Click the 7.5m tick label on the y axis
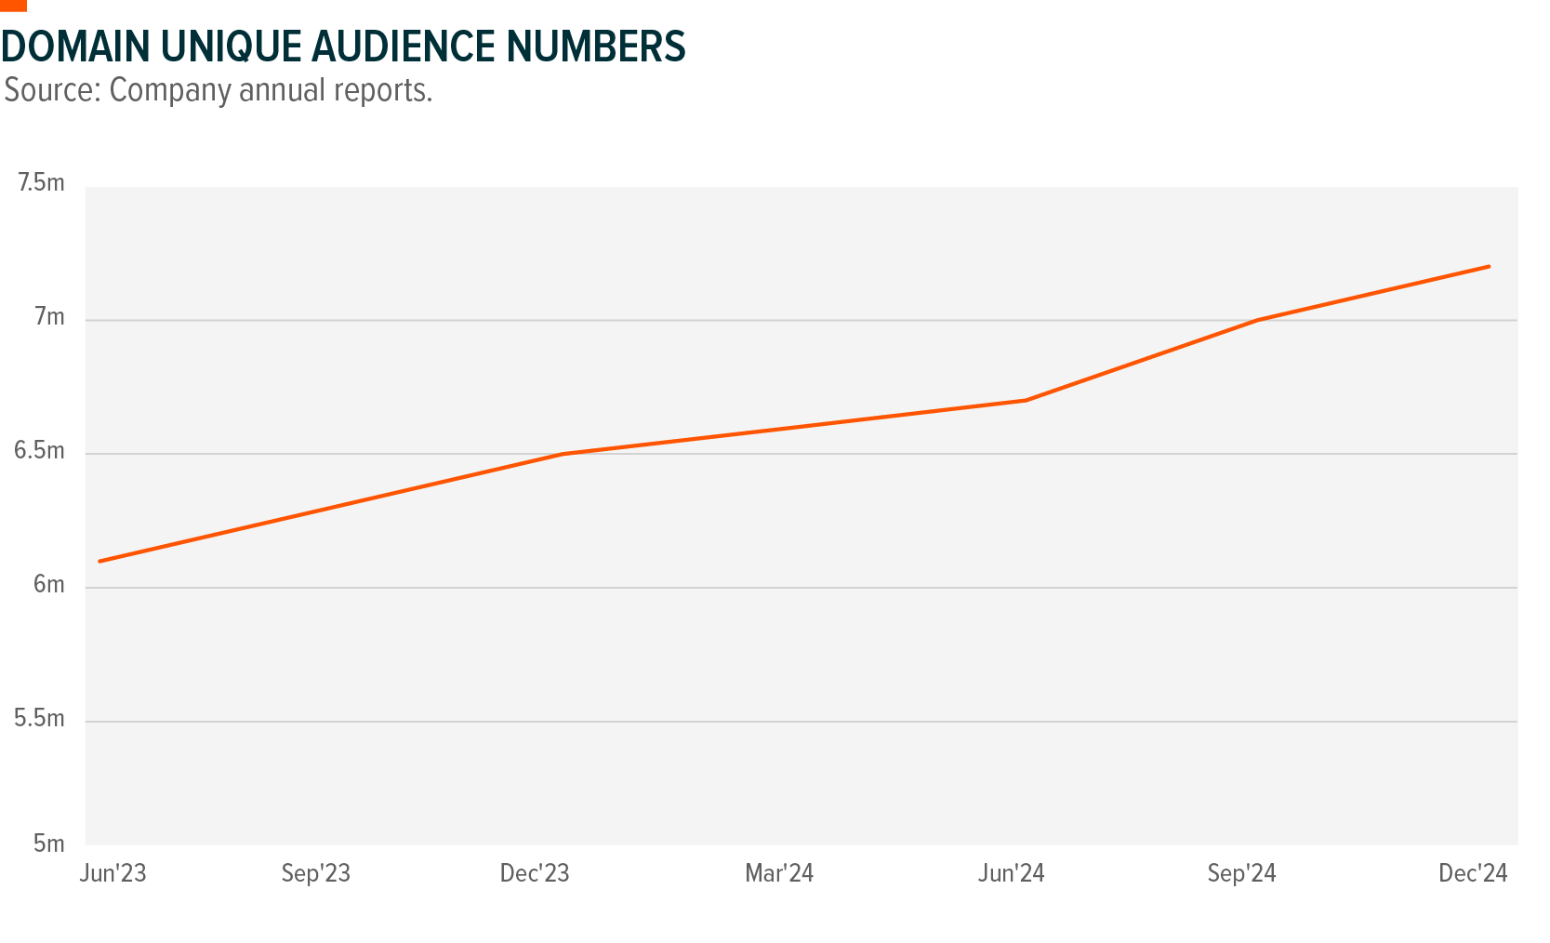click(x=41, y=183)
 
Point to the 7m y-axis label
click(x=49, y=318)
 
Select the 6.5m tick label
click(x=39, y=452)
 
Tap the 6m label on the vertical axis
click(x=48, y=585)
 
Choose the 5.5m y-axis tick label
click(x=39, y=719)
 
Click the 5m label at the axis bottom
click(x=48, y=843)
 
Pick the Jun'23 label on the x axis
click(x=113, y=874)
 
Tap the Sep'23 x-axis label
click(x=316, y=874)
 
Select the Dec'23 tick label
click(x=535, y=874)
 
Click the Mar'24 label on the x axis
click(x=779, y=874)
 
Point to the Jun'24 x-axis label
click(x=1012, y=874)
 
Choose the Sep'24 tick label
click(x=1242, y=874)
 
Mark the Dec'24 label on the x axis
click(x=1473, y=874)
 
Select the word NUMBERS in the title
click(x=596, y=47)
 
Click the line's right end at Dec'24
click(x=1489, y=267)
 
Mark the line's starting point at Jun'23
click(x=99, y=561)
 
